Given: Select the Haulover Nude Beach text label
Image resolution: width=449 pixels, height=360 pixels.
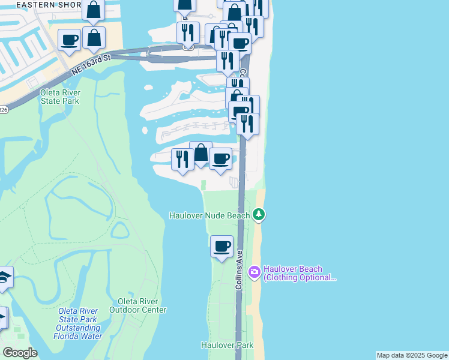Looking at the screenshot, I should pyautogui.click(x=209, y=215).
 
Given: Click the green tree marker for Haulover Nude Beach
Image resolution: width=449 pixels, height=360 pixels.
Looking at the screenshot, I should pyautogui.click(x=259, y=214).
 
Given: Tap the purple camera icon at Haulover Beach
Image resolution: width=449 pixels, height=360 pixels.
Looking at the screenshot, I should pyautogui.click(x=255, y=273).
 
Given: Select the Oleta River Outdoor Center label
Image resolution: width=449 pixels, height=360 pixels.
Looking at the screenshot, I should pyautogui.click(x=137, y=305).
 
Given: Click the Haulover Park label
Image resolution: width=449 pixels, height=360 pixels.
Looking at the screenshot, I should pyautogui.click(x=227, y=345).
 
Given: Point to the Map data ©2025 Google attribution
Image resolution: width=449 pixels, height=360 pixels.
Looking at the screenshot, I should pyautogui.click(x=412, y=355).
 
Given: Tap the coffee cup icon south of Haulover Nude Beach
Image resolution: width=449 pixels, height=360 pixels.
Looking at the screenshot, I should pyautogui.click(x=221, y=245).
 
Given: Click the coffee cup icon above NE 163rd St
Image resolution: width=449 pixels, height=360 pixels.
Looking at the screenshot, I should pyautogui.click(x=69, y=40).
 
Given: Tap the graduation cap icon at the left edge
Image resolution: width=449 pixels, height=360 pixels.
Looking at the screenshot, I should pyautogui.click(x=4, y=277).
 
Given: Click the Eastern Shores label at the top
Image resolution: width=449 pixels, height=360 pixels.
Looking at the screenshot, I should pyautogui.click(x=40, y=5).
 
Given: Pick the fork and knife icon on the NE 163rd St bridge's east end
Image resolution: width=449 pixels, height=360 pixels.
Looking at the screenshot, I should pyautogui.click(x=228, y=61).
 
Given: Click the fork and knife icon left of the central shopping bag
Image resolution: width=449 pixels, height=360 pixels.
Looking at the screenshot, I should pyautogui.click(x=182, y=159).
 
